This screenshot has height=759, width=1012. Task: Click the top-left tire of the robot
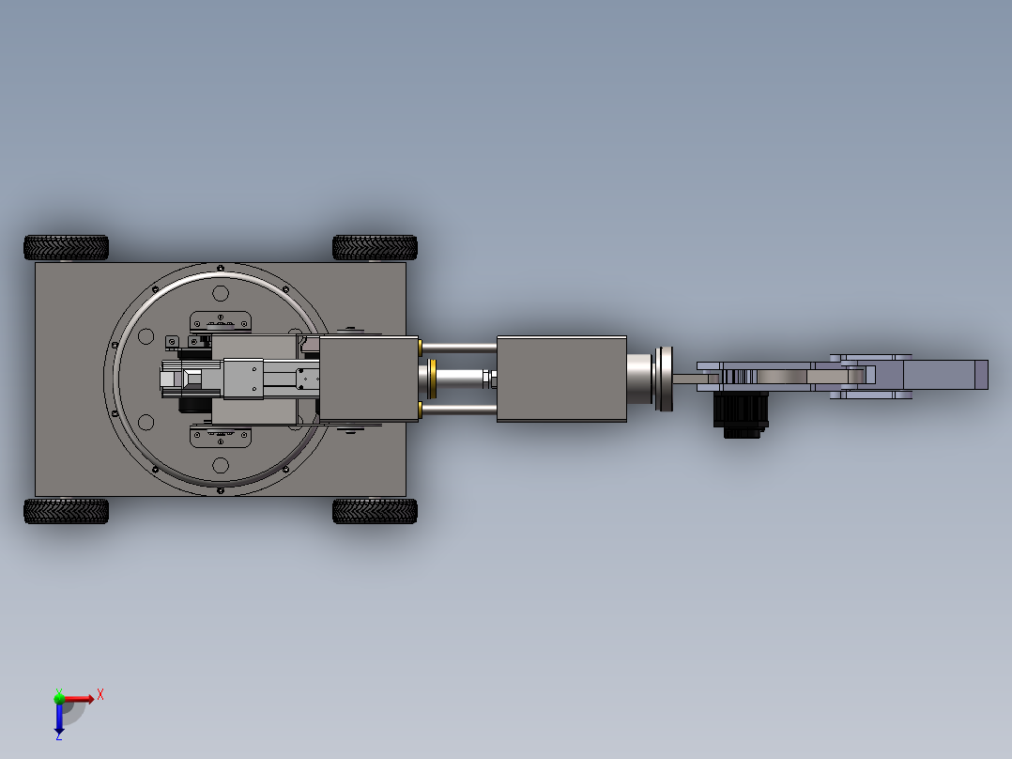tap(66, 247)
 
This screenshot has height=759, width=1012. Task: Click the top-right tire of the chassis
tap(375, 247)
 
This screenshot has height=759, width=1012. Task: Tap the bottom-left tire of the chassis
tap(66, 511)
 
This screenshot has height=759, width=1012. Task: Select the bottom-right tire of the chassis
tap(375, 511)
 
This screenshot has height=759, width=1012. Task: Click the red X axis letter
tap(100, 695)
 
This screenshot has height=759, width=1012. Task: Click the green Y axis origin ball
tap(59, 698)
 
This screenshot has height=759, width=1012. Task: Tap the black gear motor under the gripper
tap(741, 414)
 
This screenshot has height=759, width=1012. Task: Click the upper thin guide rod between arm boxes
tap(459, 348)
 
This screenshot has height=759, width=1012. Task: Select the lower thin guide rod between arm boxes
tap(459, 410)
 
